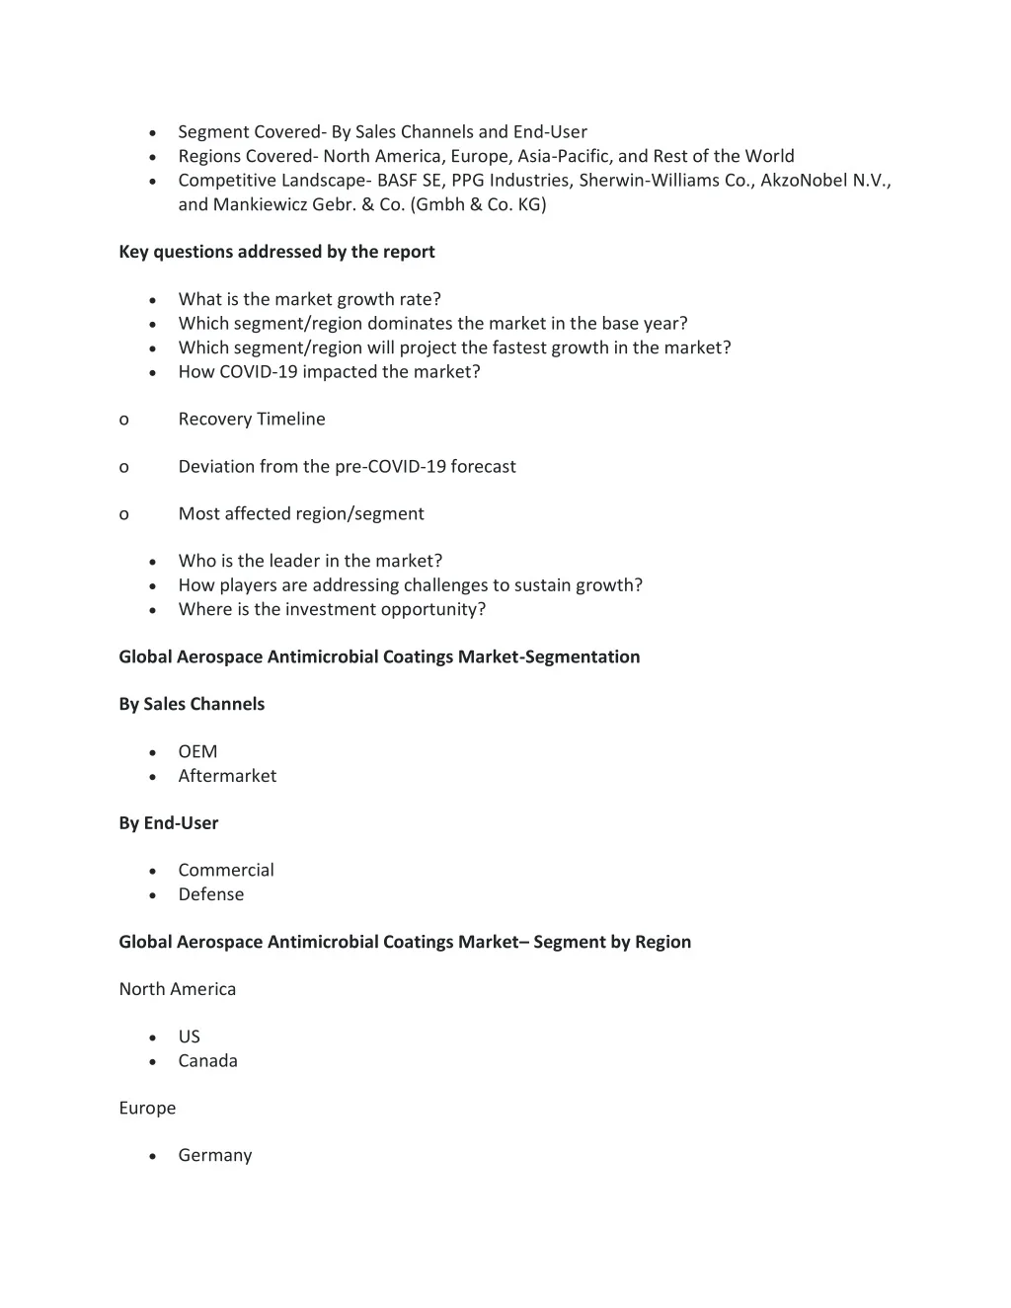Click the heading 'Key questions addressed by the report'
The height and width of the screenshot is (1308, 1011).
276,252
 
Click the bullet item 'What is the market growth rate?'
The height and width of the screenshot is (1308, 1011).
309,299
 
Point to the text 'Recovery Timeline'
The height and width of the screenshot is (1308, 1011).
252,419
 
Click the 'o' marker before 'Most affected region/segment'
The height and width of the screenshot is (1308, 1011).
123,513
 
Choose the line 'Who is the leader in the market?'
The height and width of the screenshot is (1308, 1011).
310,561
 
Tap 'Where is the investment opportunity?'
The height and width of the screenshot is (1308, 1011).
332,609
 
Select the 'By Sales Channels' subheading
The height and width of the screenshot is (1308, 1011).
192,704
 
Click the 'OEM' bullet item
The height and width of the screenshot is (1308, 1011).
197,751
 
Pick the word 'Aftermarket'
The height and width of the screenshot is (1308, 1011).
227,776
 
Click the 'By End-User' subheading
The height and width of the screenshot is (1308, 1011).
168,822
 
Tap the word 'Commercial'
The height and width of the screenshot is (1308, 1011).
226,870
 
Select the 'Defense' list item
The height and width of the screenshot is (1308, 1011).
210,894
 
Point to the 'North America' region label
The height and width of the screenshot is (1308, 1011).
177,989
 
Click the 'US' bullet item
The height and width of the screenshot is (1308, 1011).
189,1037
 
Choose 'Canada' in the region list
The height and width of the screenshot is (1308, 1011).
207,1061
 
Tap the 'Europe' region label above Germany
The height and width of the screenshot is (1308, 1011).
147,1108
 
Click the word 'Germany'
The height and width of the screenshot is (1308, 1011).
215,1155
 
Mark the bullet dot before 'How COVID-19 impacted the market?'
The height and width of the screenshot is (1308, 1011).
152,373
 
